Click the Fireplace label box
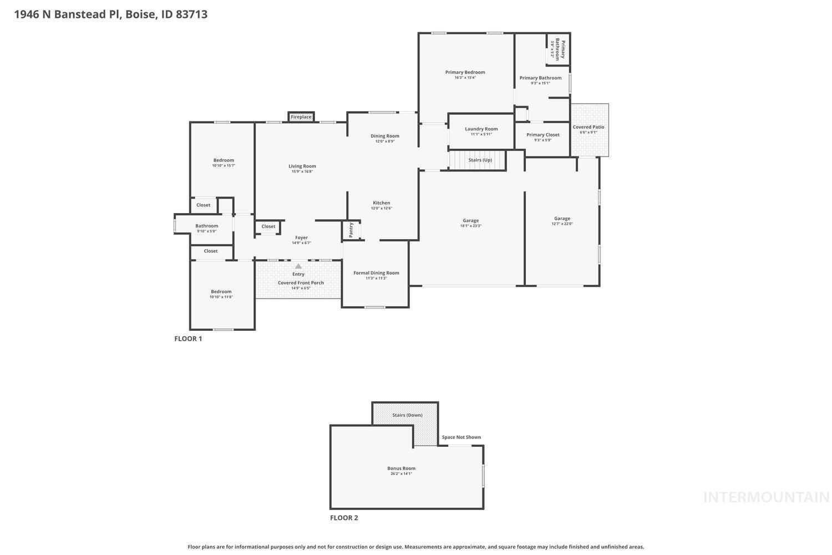[x=301, y=117]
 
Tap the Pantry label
[x=351, y=230]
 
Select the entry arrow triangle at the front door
[x=298, y=266]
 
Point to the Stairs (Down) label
[x=407, y=415]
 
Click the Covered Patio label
[x=589, y=127]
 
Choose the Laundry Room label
[x=481, y=129]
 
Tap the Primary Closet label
[x=542, y=135]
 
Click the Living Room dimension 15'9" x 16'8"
[x=302, y=171]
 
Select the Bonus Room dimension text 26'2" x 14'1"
[x=401, y=474]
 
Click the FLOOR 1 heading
[x=188, y=339]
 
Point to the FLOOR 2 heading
[x=344, y=518]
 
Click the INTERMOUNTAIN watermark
[x=766, y=497]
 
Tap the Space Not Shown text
[x=461, y=437]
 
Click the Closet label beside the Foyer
[x=268, y=226]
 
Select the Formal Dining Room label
[x=376, y=273]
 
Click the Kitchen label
[x=381, y=203]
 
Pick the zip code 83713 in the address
[x=191, y=14]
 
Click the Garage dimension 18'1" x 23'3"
[x=470, y=226]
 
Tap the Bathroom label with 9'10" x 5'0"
[x=206, y=226]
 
